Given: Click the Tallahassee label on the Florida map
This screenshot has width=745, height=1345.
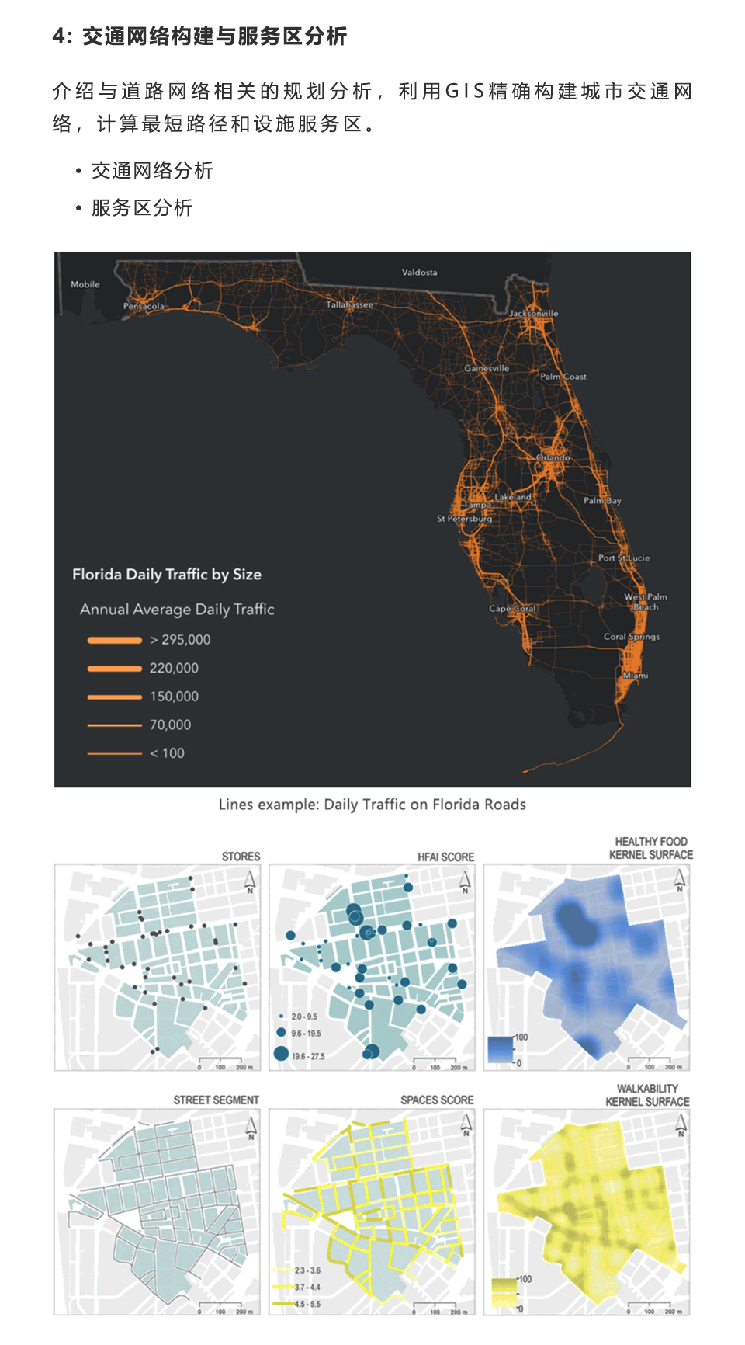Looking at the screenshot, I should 349,304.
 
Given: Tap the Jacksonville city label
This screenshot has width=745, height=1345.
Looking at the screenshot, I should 533,313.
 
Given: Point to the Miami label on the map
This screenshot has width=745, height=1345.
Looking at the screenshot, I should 636,675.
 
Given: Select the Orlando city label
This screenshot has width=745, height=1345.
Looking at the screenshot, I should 553,457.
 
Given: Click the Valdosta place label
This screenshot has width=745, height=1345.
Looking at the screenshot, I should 419,273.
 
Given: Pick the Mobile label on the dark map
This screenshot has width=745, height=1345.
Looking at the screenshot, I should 85,284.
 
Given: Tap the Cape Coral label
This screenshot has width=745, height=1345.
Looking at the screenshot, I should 512,609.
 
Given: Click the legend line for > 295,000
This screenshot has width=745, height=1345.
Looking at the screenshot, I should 115,640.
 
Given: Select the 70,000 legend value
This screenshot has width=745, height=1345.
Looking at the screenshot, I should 170,725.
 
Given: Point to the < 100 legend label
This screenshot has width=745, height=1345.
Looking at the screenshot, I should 167,753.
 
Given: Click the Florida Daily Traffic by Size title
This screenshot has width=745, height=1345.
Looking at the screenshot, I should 167,575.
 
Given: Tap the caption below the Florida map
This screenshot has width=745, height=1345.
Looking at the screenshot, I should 372,805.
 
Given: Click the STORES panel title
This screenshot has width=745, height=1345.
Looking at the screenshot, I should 241,857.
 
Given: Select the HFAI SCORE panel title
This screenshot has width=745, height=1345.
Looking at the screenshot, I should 445,857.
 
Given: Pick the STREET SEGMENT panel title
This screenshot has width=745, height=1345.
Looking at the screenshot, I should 216,1100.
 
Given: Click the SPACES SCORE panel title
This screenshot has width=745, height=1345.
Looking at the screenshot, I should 437,1100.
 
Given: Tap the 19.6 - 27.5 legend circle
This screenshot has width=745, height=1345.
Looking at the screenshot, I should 281,1054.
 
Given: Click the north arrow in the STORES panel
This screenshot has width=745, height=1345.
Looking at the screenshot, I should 250,881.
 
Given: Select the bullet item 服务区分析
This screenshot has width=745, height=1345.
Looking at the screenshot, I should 142,208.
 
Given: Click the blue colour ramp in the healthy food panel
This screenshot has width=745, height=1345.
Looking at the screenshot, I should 501,1049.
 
